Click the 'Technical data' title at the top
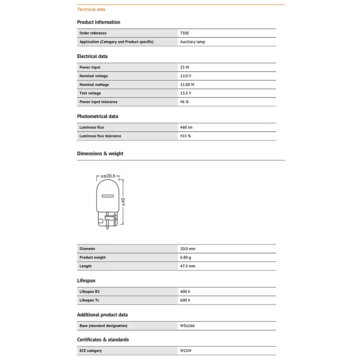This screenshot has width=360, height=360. tap(91, 9)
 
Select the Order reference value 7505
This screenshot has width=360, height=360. tap(185, 33)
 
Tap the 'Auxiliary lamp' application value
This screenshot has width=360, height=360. tap(193, 42)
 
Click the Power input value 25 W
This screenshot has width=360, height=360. tap(185, 67)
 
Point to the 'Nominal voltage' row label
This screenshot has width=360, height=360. tap(94, 76)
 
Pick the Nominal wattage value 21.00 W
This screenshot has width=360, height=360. tap(187, 85)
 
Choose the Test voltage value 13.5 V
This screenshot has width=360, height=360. tap(186, 93)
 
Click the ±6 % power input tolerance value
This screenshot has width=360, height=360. tap(184, 102)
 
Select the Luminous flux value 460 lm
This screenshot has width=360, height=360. tap(186, 127)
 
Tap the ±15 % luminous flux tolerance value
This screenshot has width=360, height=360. tap(185, 136)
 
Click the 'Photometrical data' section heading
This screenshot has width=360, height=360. tap(98, 116)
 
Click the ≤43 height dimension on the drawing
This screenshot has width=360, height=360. tap(123, 202)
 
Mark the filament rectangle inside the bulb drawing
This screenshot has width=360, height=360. tap(108, 197)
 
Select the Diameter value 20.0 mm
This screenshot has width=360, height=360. tap(188, 249)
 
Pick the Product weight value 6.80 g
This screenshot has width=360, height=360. tap(186, 257)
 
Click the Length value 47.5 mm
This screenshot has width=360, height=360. tap(188, 266)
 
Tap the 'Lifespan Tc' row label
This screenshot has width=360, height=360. tap(89, 300)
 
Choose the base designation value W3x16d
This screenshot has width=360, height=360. tap(187, 326)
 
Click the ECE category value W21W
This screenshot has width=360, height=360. tap(186, 351)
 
